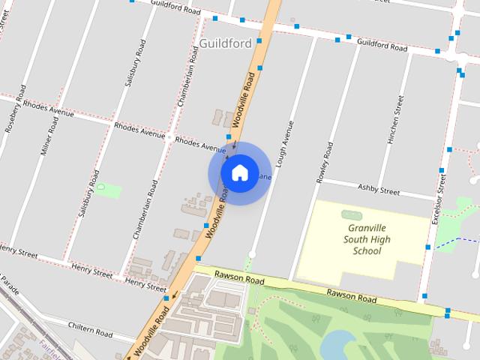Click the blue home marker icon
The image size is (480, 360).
pos(239,172)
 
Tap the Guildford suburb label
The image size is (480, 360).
pos(226,43)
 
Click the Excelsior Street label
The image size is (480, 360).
pos(438,200)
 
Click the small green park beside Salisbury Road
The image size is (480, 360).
pos(106,190)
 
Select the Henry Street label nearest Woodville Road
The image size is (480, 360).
pos(145,284)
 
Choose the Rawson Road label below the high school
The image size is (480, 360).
pos(349,295)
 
